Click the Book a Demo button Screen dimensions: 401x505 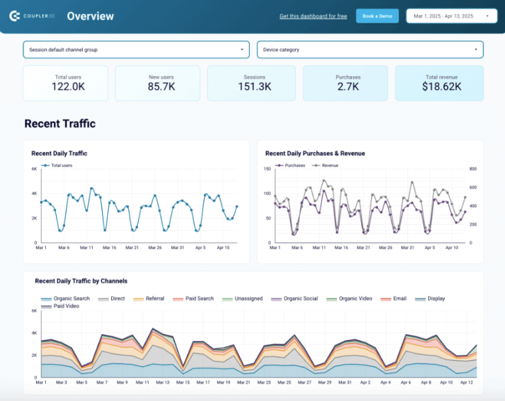coord(377,16)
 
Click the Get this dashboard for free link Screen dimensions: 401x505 coord(313,16)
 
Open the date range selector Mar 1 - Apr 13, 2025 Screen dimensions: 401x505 coord(451,16)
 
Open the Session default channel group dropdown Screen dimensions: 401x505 coord(136,49)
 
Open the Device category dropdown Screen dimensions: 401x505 coord(370,49)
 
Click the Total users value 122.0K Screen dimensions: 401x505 coord(68,87)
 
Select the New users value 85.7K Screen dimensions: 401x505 coord(161,87)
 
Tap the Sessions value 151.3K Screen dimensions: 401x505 coord(254,87)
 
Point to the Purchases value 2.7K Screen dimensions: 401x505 coord(348,87)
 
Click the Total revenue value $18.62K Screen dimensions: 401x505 coord(441,87)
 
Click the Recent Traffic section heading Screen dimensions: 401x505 coord(60,124)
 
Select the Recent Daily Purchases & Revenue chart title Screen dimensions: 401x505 coord(315,153)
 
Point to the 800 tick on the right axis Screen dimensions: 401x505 coord(473,169)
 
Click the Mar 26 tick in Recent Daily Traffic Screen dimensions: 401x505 coord(155,248)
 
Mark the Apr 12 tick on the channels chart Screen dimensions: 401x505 coord(466,382)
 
